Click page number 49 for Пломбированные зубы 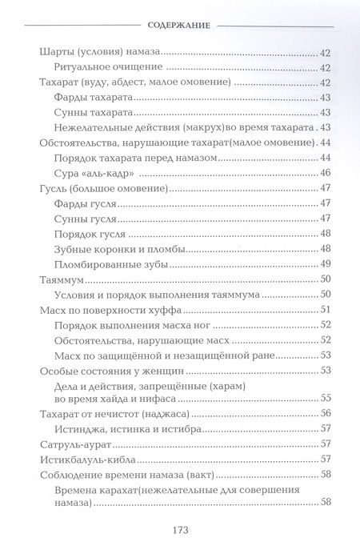tap(326, 264)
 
